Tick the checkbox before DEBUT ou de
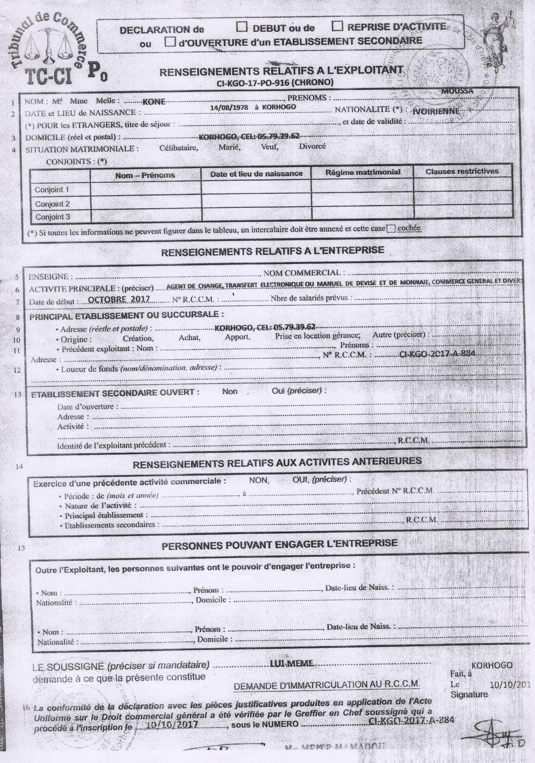[242, 27]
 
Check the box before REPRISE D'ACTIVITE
[338, 26]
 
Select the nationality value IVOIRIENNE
[436, 111]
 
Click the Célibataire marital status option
[179, 148]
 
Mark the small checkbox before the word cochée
[391, 229]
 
